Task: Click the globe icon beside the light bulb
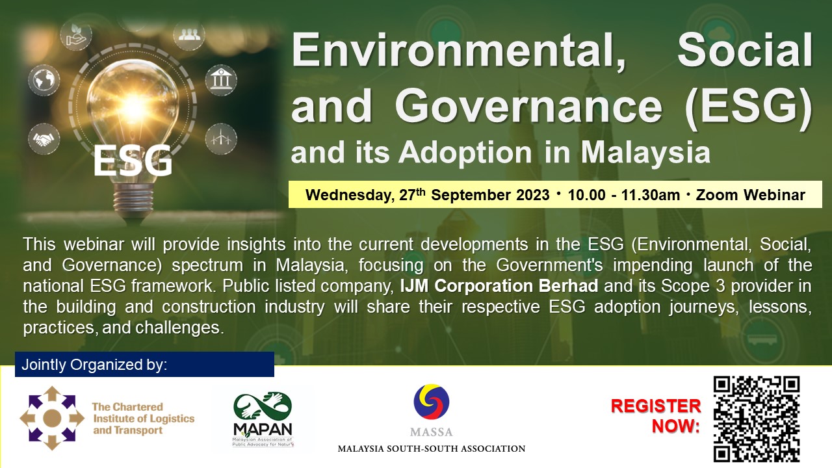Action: [44, 80]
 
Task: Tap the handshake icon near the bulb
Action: [44, 139]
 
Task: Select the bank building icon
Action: [222, 80]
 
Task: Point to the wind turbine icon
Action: [222, 139]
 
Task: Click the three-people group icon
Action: [189, 35]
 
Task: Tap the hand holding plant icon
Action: [75, 34]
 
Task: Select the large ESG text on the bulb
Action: [133, 161]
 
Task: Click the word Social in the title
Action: [745, 51]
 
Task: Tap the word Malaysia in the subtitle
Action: [645, 153]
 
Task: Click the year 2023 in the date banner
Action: [532, 195]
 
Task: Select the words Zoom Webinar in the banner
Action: [750, 195]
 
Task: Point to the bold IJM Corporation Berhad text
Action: [499, 286]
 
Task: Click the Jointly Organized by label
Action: [94, 365]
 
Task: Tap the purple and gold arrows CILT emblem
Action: [52, 418]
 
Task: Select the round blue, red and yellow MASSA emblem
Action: [431, 402]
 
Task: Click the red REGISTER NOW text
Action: [656, 416]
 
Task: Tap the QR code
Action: [757, 419]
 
